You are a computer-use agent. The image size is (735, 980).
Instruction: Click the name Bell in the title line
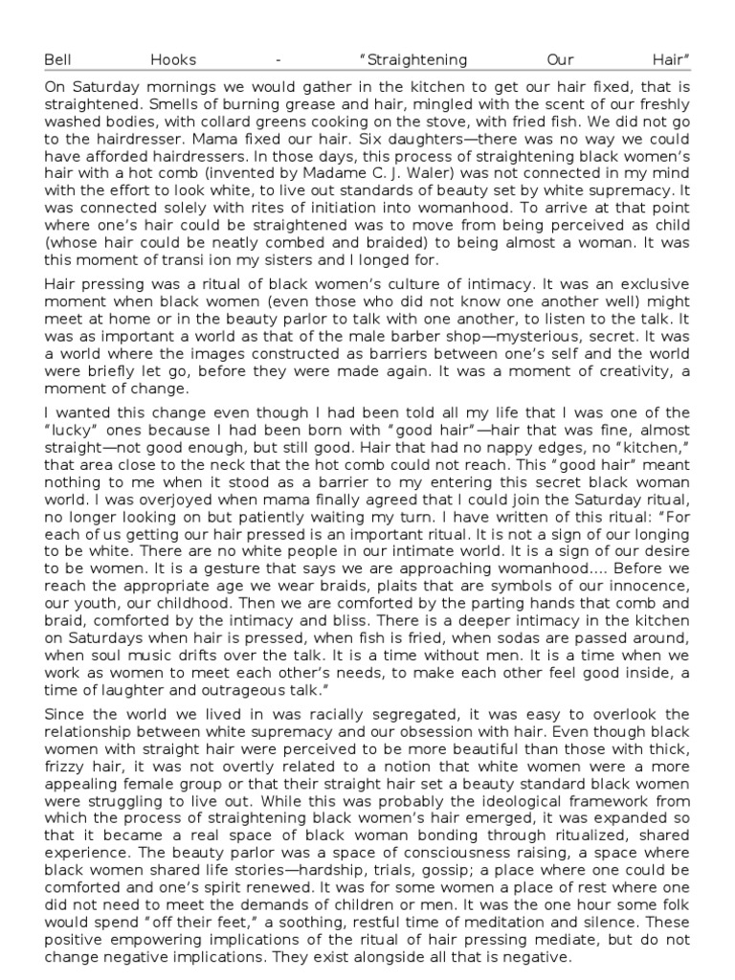[58, 59]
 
